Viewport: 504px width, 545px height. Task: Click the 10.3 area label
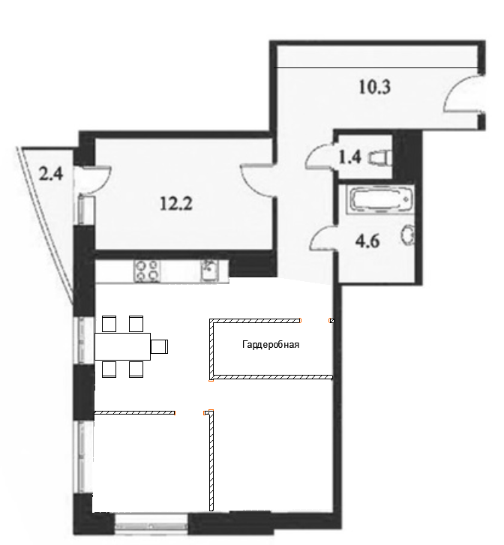tap(374, 87)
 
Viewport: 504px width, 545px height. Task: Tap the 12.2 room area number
tap(176, 203)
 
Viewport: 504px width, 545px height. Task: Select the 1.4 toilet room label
tap(350, 157)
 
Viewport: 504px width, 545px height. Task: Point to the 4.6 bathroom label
tap(367, 241)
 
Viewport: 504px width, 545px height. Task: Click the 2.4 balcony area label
tap(51, 174)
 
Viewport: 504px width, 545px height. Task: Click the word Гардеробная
tap(271, 345)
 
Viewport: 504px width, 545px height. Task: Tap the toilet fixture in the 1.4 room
tap(380, 157)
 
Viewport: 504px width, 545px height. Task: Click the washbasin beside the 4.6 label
tap(408, 235)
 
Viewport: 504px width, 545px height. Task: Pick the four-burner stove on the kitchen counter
tap(147, 271)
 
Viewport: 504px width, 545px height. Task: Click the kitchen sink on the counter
tap(209, 271)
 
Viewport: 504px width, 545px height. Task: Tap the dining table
tap(122, 346)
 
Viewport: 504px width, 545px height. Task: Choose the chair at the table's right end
tap(160, 346)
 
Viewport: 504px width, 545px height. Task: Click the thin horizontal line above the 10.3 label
tap(376, 67)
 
